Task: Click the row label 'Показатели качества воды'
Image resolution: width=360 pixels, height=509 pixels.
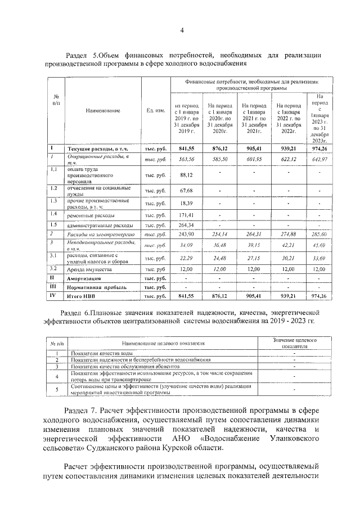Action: (x=98, y=353)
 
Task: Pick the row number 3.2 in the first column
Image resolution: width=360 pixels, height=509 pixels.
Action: (x=54, y=269)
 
